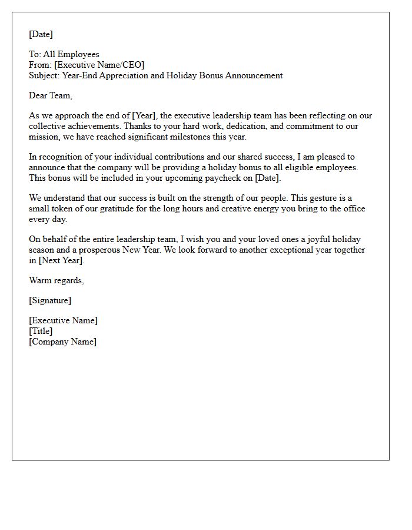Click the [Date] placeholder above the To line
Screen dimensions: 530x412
[x=41, y=34]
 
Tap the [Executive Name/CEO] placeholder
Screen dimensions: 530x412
[x=99, y=65]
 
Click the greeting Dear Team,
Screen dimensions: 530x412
[x=51, y=95]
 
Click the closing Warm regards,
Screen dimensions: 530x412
[x=57, y=280]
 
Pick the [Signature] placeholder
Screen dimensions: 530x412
[x=50, y=300]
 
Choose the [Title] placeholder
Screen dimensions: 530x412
[x=41, y=331]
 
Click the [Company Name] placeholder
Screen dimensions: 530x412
[x=62, y=342]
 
